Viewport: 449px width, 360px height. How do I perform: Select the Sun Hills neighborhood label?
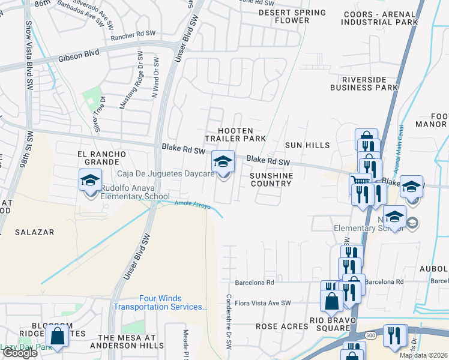click(x=307, y=145)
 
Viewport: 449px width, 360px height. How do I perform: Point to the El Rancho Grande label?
click(x=102, y=158)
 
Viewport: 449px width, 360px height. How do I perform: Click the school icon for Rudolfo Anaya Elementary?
click(x=89, y=180)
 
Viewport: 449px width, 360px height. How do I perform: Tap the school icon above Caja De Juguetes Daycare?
click(x=223, y=161)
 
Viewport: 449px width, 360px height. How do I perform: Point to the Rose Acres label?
click(x=282, y=326)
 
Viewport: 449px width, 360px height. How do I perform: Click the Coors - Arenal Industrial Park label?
click(x=379, y=18)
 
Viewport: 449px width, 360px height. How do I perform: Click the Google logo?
click(x=20, y=353)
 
